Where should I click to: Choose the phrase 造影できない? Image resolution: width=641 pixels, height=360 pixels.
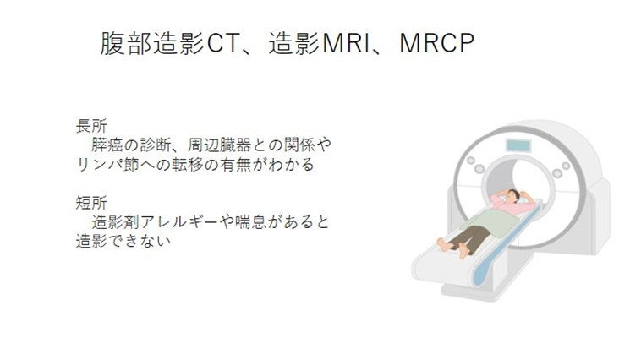click(123, 242)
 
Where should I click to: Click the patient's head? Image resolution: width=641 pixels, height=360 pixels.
click(508, 197)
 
